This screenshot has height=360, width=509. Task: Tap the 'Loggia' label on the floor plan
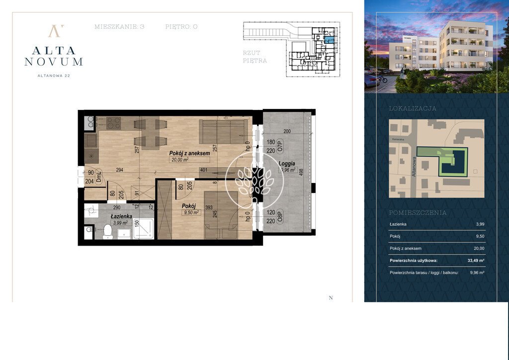click(x=287, y=163)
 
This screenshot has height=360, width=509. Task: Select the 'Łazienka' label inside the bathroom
click(x=121, y=216)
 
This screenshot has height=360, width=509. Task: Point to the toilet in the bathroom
click(x=108, y=231)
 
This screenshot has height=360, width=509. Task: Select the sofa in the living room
click(x=223, y=130)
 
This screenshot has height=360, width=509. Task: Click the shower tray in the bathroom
click(x=144, y=228)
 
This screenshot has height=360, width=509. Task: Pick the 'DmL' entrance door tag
click(x=98, y=177)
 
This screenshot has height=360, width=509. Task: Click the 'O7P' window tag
click(x=280, y=146)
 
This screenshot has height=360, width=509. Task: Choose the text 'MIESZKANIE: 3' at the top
click(x=119, y=27)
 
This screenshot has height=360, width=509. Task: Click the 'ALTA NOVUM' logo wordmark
click(x=54, y=56)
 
